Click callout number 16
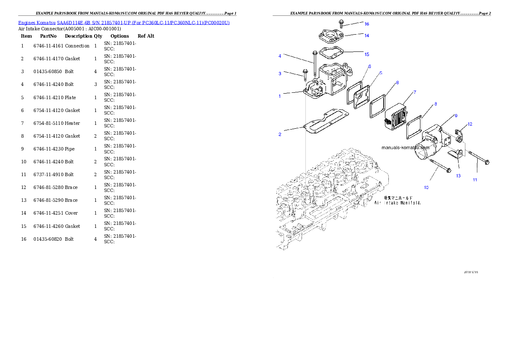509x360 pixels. [367, 24]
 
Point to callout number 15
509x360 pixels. [367, 54]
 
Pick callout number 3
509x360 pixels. [280, 74]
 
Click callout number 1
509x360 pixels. [280, 96]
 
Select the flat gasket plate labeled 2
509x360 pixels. [325, 121]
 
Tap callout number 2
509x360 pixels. [280, 135]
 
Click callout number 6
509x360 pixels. [370, 66]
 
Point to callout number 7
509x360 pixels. [414, 92]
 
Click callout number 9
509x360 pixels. [456, 115]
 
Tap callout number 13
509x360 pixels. [458, 176]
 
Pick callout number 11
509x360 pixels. [475, 180]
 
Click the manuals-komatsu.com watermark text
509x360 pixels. [405, 148]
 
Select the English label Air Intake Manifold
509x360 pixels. [398, 203]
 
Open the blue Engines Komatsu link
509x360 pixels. [124, 22]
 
